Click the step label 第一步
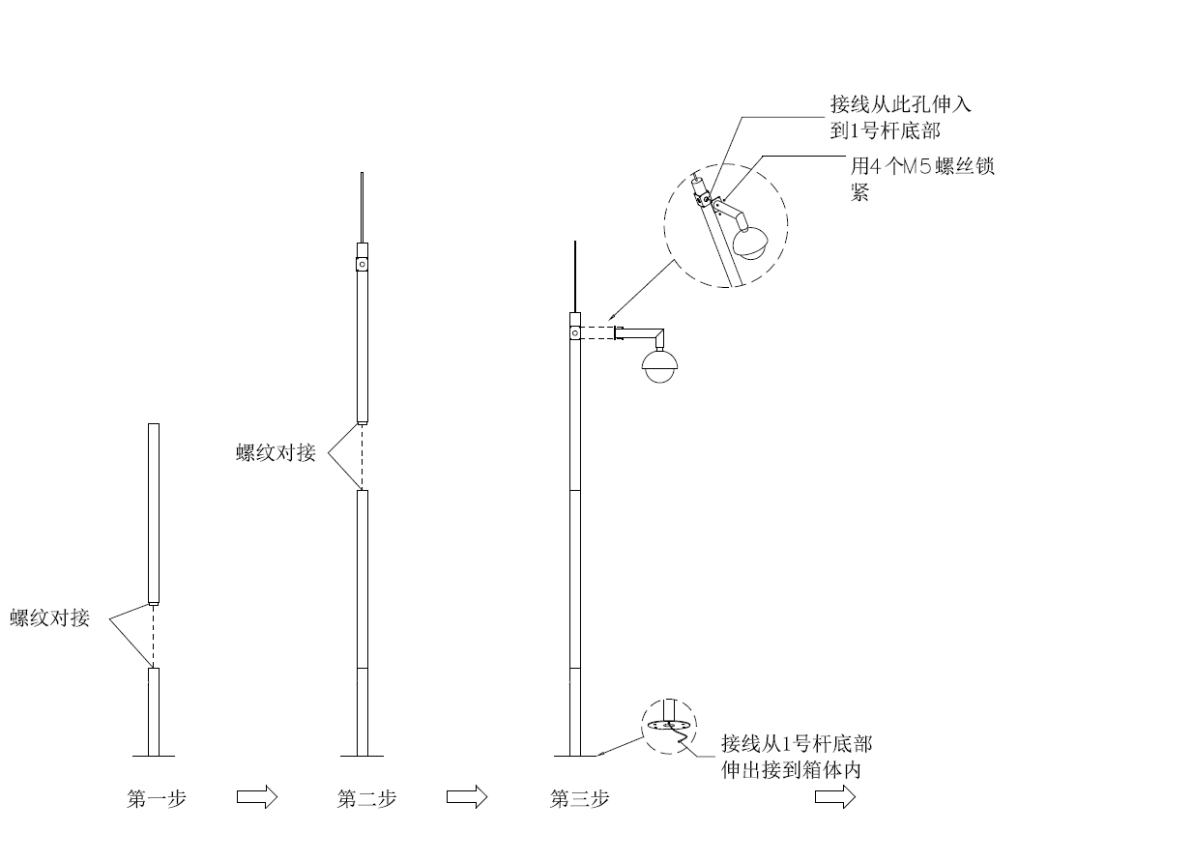[x=156, y=799]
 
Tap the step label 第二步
[x=366, y=799]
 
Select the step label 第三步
[x=579, y=799]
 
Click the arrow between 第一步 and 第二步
[x=257, y=797]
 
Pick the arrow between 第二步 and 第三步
[x=467, y=797]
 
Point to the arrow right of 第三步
[x=835, y=797]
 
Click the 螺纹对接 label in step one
[x=49, y=618]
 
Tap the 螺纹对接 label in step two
[x=276, y=452]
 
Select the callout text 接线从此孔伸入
[x=901, y=104]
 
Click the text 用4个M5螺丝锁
[x=922, y=166]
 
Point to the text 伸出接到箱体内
[x=791, y=770]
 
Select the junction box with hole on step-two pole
[x=363, y=264]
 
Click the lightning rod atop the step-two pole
[x=363, y=208]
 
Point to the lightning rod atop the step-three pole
[x=575, y=277]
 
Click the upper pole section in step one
[x=154, y=514]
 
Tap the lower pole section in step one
[x=154, y=712]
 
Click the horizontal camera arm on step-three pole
[x=639, y=333]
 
